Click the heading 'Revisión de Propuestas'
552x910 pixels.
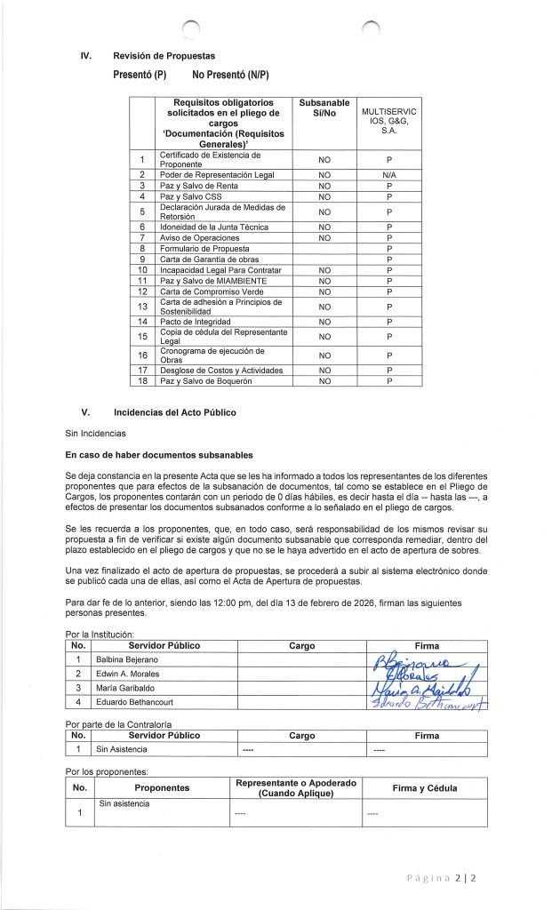coord(164,57)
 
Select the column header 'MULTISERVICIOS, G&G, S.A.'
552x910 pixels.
coord(389,121)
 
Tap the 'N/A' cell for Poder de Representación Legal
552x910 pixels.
coord(389,175)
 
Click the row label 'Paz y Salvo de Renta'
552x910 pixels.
coord(198,186)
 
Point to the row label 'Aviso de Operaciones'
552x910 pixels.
coord(199,238)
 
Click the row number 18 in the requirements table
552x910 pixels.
coord(141,380)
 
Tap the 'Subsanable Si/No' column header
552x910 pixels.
coord(324,109)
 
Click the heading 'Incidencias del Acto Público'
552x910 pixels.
coord(174,412)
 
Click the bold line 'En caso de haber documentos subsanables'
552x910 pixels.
coord(159,455)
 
